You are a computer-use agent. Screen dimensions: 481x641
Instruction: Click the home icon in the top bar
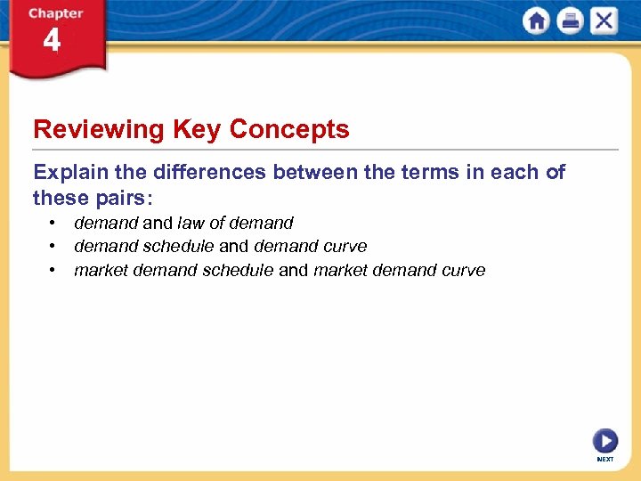pos(536,20)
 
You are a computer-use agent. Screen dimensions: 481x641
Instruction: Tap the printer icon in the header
pos(570,20)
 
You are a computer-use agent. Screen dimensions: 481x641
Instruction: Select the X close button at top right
pos(604,20)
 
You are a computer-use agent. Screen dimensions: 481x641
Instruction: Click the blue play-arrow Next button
pos(604,441)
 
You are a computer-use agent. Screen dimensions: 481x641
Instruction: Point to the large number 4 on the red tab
pos(52,41)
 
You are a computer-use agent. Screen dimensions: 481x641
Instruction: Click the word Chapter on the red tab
pos(55,13)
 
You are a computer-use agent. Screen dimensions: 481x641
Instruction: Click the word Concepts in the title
pos(289,130)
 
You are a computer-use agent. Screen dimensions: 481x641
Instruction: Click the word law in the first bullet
pos(191,223)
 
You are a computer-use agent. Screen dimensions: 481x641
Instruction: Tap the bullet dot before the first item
pos(54,223)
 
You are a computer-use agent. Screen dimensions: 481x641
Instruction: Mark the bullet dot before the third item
pos(54,269)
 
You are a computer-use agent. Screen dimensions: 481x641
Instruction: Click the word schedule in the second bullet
pos(178,246)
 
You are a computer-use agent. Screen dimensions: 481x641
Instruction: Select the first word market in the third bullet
pos(101,270)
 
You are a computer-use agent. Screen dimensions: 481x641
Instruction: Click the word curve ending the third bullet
pos(464,270)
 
